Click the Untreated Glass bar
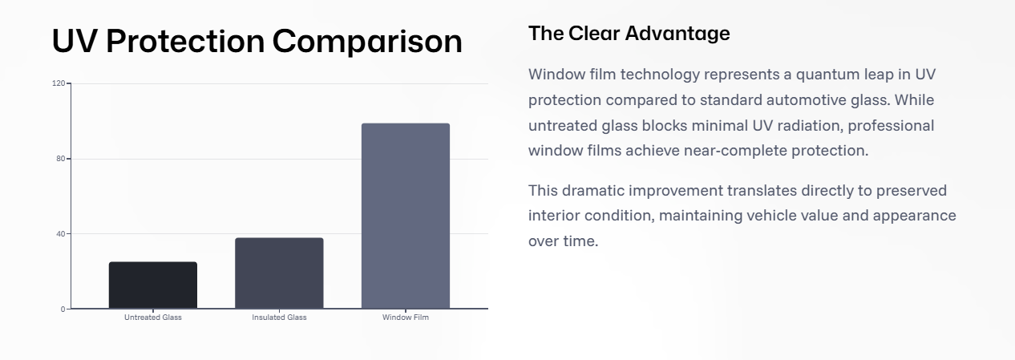153,285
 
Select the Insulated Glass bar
279,273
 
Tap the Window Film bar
406,216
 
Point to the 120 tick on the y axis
59,83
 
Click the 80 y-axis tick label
61,159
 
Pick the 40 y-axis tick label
61,234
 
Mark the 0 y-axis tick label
63,309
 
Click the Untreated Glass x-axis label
153,318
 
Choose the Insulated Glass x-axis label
279,318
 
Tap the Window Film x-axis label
406,318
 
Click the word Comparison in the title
367,42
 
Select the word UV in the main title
75,41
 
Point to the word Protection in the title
185,41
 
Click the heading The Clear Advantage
629,34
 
